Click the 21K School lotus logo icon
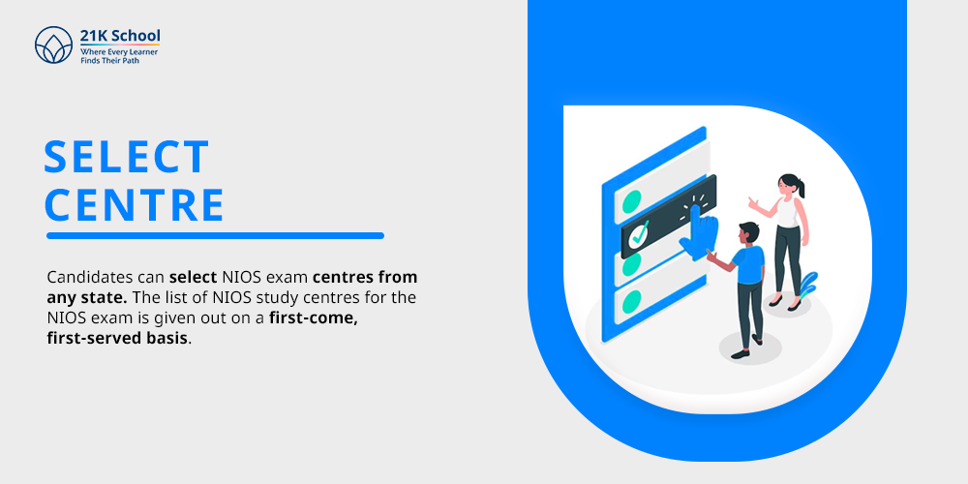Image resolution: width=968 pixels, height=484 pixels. pos(53,45)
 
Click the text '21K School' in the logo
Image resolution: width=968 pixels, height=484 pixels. pos(120,36)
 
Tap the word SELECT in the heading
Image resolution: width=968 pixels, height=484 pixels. pos(127,157)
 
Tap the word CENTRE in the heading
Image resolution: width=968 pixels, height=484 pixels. pos(134,204)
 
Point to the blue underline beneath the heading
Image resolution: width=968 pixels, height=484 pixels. pos(216,235)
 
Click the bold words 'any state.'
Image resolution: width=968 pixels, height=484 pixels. pos(87,297)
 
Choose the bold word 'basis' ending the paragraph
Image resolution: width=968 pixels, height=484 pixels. pos(166,339)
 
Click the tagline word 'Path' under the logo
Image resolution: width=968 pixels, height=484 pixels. pos(131,61)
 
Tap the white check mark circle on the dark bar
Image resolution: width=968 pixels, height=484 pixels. pos(638,234)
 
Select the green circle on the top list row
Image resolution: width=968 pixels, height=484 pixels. pos(631,201)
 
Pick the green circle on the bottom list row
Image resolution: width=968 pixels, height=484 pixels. pos(631,301)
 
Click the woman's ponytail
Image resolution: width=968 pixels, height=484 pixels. pos(801,188)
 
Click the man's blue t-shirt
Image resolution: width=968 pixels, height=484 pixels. pos(747,265)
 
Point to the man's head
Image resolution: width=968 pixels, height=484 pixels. pos(748,233)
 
